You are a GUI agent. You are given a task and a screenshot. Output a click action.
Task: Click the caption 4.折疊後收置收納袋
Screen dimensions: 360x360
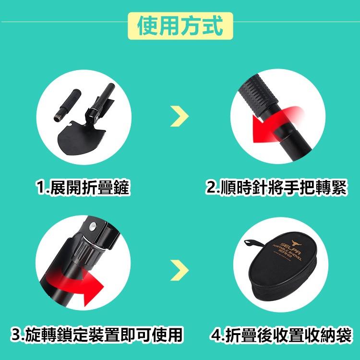coord(281,334)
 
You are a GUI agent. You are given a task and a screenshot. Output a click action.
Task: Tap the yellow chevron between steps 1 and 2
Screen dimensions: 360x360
coord(180,116)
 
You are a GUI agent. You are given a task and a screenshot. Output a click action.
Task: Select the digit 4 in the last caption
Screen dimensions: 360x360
coord(215,334)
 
